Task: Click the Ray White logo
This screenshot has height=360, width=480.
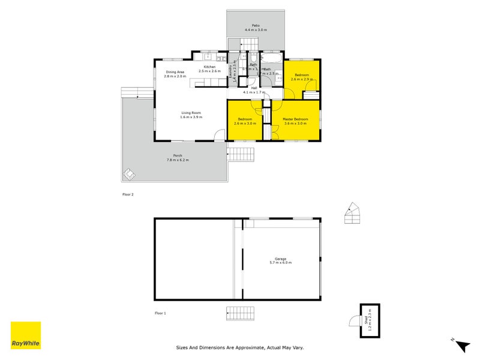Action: (x=26, y=335)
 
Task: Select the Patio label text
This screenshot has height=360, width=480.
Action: (x=256, y=26)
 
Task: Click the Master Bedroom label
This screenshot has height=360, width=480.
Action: (x=295, y=119)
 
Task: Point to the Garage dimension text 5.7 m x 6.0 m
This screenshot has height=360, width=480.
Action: (x=281, y=263)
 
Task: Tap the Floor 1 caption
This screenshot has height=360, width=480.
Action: (x=160, y=313)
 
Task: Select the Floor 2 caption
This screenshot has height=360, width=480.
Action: (x=127, y=194)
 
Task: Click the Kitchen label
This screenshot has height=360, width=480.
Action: (x=209, y=67)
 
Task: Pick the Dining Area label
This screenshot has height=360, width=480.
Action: (x=175, y=72)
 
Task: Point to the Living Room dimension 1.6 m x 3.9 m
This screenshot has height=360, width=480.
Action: (x=191, y=117)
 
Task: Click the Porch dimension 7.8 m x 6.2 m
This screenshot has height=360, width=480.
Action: (x=178, y=160)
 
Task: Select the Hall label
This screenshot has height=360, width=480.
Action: (x=254, y=88)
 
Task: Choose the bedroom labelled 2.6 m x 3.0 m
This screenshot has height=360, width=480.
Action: (x=245, y=122)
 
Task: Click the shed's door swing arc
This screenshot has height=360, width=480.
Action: (x=354, y=322)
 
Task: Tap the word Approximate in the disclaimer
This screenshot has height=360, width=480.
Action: (x=245, y=347)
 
